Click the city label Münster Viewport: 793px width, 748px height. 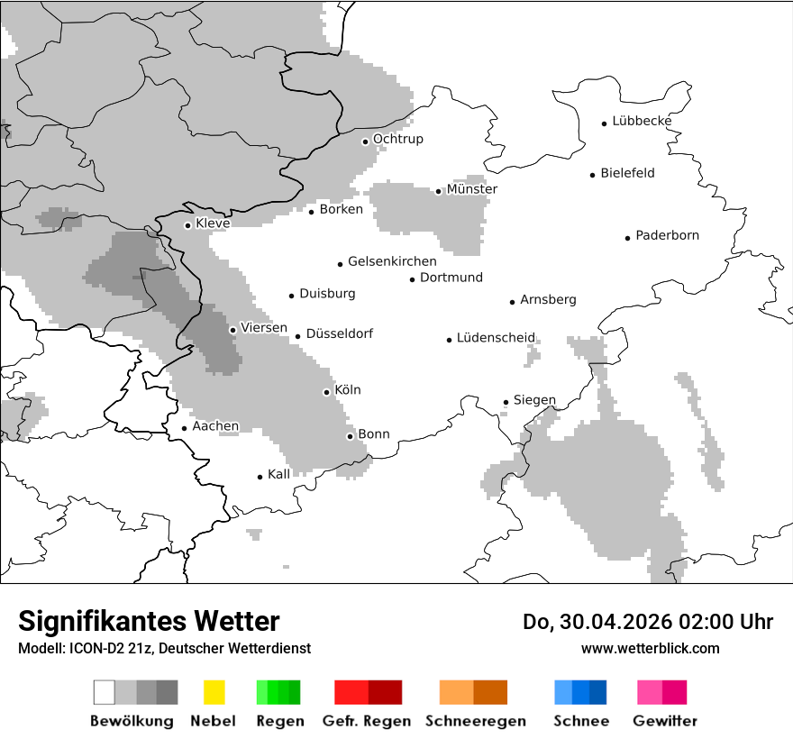472,189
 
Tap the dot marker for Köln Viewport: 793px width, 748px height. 327,392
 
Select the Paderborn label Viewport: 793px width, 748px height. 667,235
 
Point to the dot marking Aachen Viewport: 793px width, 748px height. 185,429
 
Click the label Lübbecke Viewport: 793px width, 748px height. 642,121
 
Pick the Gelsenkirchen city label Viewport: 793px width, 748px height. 392,261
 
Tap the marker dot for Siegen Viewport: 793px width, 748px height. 506,402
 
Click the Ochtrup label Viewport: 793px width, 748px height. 397,139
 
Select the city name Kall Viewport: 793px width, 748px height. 278,473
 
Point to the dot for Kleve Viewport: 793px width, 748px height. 187,225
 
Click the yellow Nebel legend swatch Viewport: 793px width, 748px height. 214,692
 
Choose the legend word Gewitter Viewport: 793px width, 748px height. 665,721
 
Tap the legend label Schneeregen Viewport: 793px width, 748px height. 476,721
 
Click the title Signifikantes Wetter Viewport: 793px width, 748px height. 149,621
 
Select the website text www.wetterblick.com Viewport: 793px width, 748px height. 650,648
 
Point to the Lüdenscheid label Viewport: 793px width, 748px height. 496,338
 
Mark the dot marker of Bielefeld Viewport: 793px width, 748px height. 593,175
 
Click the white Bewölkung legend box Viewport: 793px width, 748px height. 105,692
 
